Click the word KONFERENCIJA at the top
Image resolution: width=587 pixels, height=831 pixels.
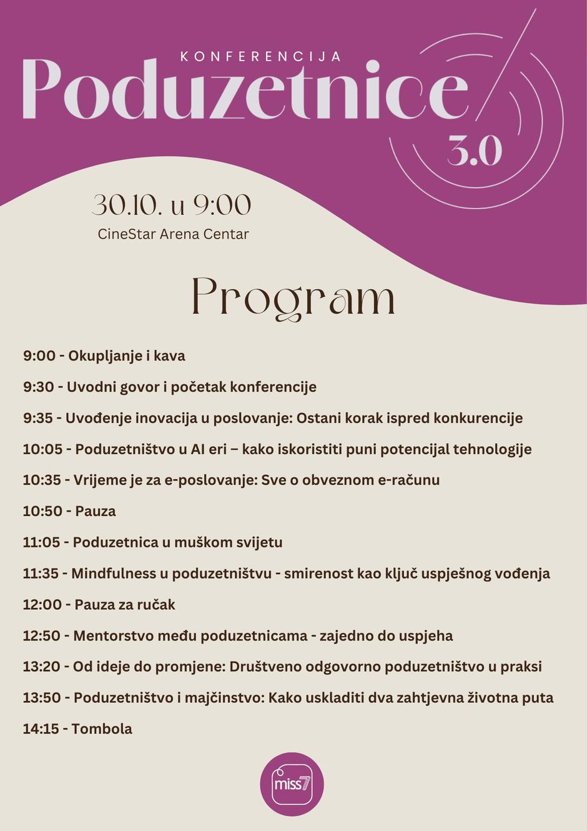coord(260,56)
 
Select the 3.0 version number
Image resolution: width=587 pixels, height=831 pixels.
coord(475,151)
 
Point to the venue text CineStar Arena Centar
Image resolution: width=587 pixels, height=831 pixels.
coord(173,234)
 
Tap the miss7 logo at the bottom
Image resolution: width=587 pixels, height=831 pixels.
coord(292,784)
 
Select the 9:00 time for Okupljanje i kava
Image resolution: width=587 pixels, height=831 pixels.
coord(39,356)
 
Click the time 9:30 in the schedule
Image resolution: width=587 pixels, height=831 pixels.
coord(39,387)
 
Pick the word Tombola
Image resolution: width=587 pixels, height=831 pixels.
coord(102,729)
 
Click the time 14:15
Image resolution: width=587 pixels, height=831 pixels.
coord(41,729)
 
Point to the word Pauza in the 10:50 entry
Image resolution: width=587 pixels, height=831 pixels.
coord(95,511)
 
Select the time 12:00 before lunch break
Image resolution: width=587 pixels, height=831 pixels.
coord(42,605)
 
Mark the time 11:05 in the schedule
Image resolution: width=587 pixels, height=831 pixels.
coord(41,542)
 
